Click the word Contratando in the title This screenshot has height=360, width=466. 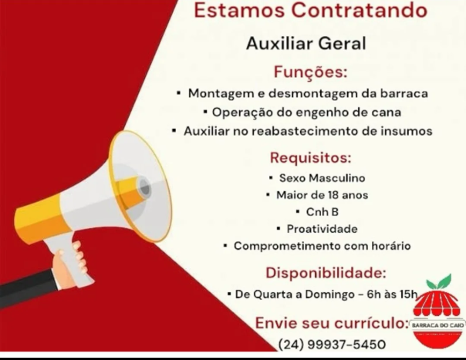click(359, 10)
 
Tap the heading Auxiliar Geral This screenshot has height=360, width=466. click(306, 43)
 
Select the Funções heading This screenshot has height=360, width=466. click(311, 72)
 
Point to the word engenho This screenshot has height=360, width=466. click(322, 113)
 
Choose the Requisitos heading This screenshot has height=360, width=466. click(311, 158)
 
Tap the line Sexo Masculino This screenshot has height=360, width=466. click(322, 178)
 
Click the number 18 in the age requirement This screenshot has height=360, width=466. click(333, 195)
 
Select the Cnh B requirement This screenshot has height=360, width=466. click(322, 212)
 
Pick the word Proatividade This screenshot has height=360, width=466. click(322, 229)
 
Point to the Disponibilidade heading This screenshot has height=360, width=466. click(326, 273)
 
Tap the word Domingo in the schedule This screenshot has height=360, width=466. click(330, 294)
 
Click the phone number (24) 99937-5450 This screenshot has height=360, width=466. click(332, 345)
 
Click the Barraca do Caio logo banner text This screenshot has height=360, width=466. click(437, 325)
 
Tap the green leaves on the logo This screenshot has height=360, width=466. click(439, 282)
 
